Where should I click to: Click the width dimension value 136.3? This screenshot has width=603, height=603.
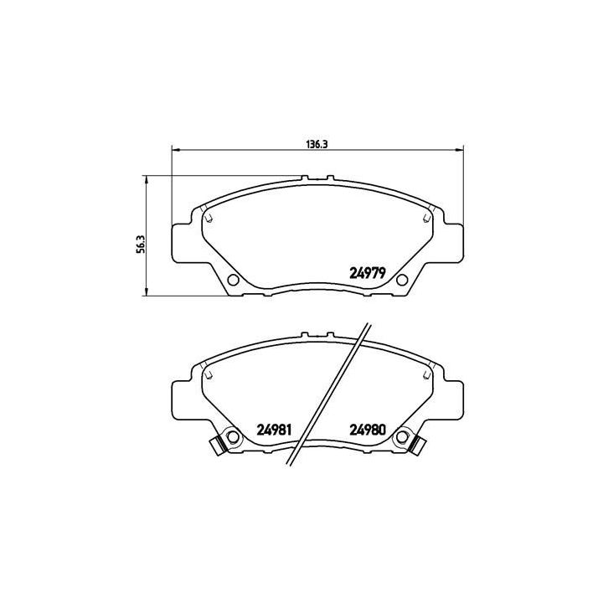(316, 144)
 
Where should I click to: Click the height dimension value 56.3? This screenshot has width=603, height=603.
(142, 241)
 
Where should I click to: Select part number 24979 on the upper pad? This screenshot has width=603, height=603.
(367, 272)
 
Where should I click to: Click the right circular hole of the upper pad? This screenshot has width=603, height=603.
(401, 280)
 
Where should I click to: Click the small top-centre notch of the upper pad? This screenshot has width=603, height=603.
(317, 178)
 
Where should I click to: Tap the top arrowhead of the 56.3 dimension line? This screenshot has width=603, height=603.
(147, 178)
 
